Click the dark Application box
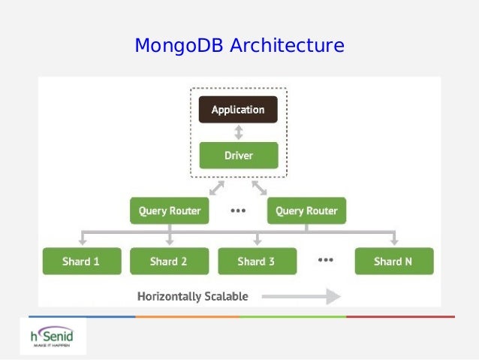[238, 110]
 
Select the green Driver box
[238, 156]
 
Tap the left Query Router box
[170, 211]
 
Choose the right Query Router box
[306, 211]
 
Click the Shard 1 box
[81, 262]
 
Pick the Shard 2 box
[169, 262]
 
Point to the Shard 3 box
[256, 262]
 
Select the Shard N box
[393, 262]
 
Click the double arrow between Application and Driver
[239, 133]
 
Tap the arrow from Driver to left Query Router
[217, 186]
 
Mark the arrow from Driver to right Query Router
[259, 186]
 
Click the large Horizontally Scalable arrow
[300, 296]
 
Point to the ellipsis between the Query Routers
[238, 211]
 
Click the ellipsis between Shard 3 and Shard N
[325, 260]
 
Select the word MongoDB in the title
[179, 45]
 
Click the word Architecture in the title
[287, 45]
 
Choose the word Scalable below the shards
[226, 296]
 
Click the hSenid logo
[53, 336]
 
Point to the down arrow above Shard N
[393, 238]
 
